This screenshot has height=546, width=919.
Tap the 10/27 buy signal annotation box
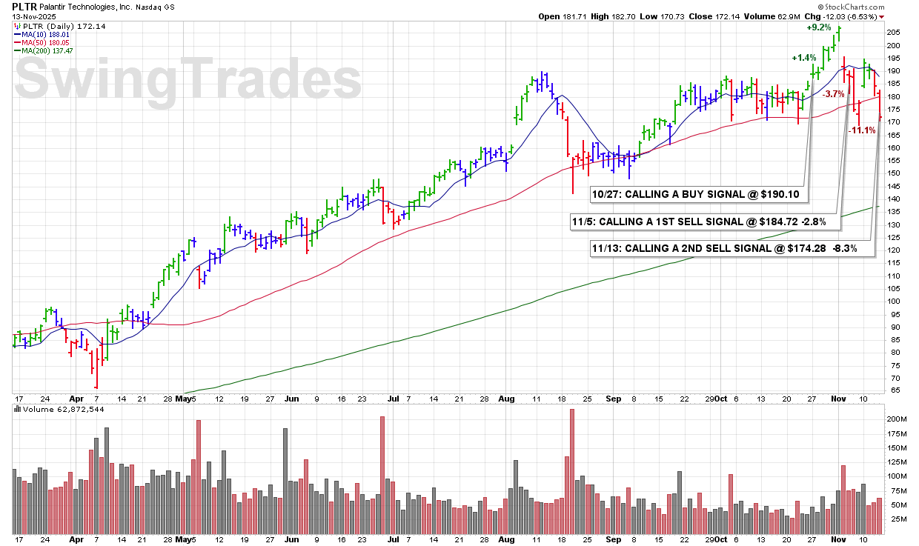tap(698, 194)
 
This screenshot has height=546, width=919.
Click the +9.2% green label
tap(819, 27)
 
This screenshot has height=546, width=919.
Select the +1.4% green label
tap(803, 58)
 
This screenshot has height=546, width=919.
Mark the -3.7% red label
tap(834, 94)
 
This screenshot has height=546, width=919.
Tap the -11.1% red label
tap(863, 130)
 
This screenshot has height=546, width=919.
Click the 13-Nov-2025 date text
tap(36, 16)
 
